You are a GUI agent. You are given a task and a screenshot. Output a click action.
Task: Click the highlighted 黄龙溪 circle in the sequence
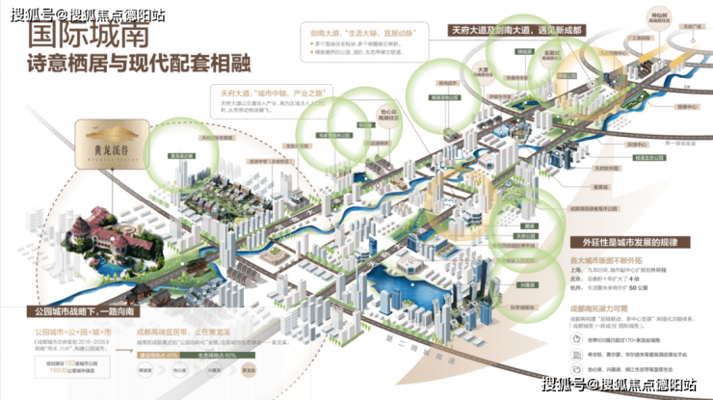[249, 368]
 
